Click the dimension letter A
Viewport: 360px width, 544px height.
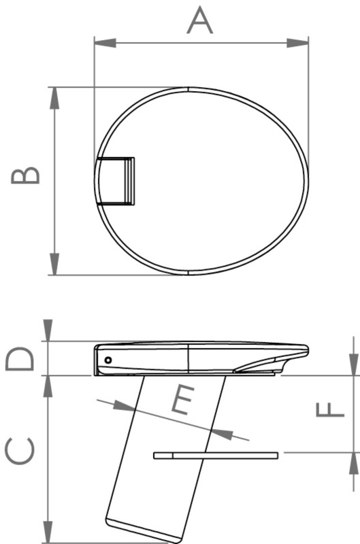(200, 20)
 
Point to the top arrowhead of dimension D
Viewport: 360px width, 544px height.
(48, 333)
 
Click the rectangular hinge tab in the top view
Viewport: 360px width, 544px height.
(116, 182)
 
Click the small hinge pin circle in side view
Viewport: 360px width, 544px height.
(107, 359)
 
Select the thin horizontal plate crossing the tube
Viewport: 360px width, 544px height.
(216, 454)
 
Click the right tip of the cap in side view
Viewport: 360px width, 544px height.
(306, 350)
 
